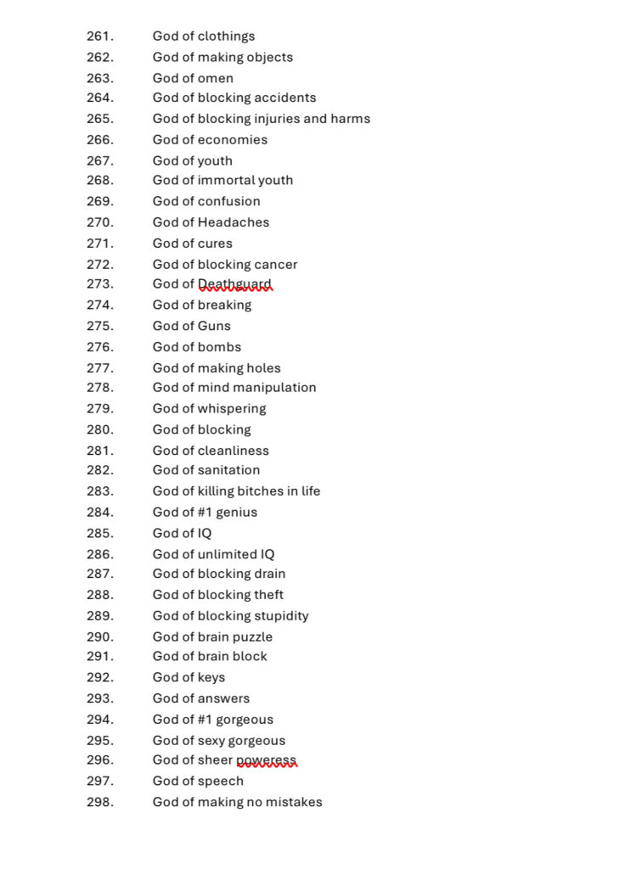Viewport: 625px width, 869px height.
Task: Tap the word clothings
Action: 226,36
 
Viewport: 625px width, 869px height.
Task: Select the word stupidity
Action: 282,616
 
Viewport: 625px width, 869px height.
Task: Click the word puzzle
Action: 252,637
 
